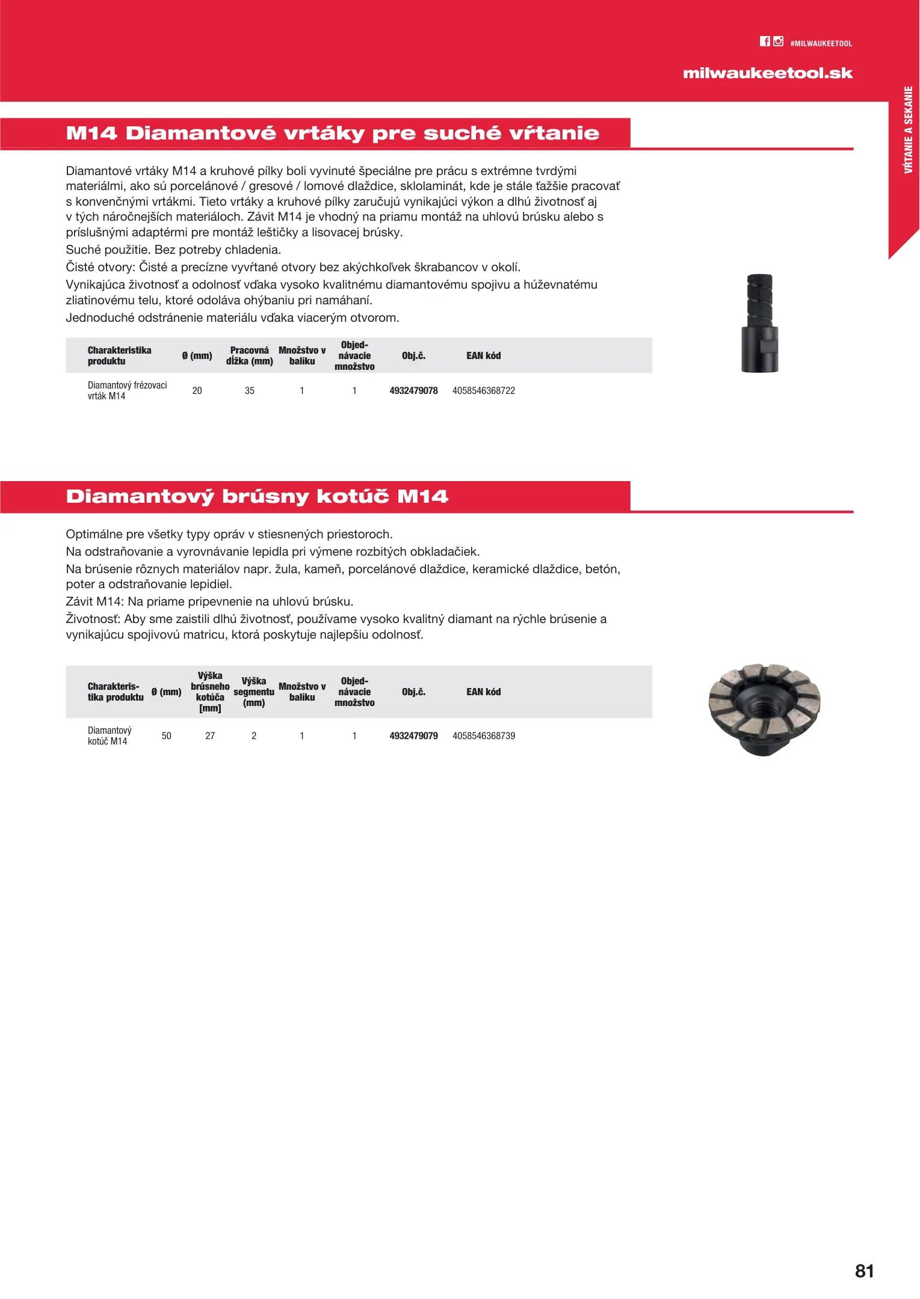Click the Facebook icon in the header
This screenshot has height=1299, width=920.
[765, 41]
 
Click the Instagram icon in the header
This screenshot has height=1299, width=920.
[779, 41]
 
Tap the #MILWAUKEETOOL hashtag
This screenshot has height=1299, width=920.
[821, 44]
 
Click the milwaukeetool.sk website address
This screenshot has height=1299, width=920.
[768, 73]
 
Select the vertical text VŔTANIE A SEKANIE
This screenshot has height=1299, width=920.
[909, 130]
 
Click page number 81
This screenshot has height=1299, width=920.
[864, 1271]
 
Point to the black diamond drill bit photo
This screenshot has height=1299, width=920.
[760, 323]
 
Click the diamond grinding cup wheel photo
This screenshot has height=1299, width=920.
[764, 710]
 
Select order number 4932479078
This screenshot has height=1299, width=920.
[413, 391]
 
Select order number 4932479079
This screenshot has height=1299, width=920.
[413, 736]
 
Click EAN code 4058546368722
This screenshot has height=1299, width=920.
[484, 391]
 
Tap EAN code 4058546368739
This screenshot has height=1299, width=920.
[484, 736]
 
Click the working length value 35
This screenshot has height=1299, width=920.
[250, 391]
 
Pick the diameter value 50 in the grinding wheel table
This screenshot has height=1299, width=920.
[167, 736]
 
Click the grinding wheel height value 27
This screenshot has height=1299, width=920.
[210, 736]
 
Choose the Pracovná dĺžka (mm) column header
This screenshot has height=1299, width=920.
[250, 355]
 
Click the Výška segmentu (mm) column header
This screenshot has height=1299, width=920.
[254, 692]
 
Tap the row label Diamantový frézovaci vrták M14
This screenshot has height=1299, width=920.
[127, 390]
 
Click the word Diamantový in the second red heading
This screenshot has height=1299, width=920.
[140, 497]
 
